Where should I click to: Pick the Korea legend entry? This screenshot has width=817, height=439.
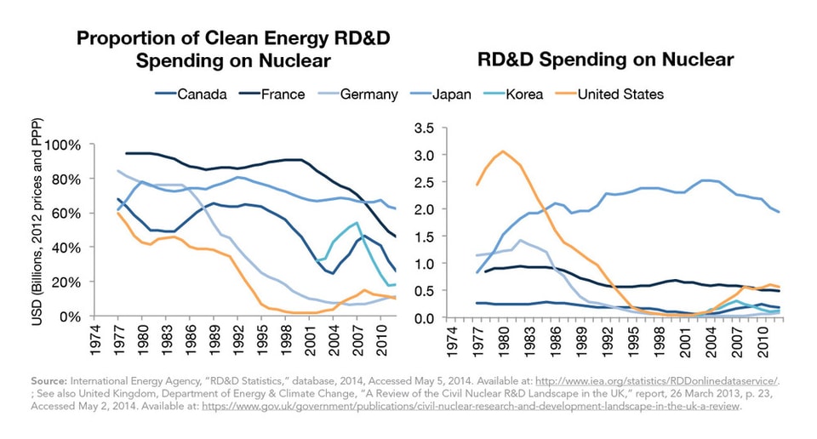point(527,94)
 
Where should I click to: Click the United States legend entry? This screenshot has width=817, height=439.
point(620,94)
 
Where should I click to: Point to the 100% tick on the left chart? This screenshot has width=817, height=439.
point(62,145)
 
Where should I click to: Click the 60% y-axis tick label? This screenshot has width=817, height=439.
point(66,214)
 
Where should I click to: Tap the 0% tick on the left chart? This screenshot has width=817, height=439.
point(70,316)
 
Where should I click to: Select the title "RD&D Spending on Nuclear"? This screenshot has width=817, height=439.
point(605,60)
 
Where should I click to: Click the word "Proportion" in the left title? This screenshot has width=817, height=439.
point(119,39)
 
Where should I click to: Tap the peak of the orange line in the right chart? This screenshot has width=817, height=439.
point(503,151)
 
